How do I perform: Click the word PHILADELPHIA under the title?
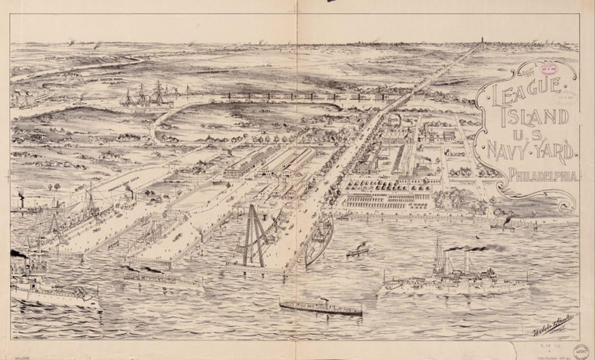tap(543, 175)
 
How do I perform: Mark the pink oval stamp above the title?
tap(549, 69)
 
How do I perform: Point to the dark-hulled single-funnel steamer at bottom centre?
tap(321, 307)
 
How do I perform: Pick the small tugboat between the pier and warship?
tap(358, 251)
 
